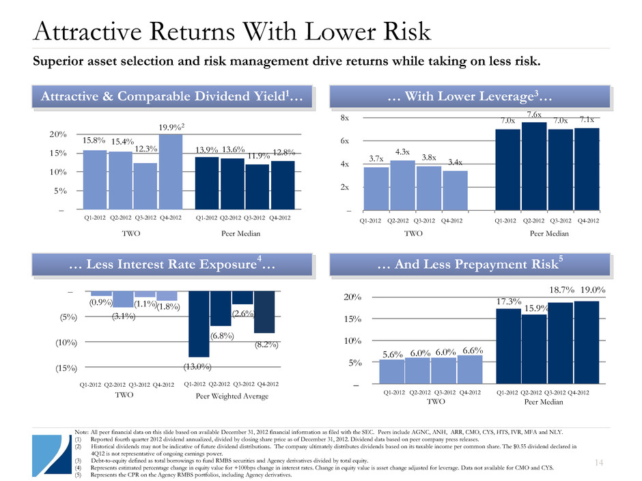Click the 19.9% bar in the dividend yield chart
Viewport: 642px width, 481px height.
[x=170, y=171]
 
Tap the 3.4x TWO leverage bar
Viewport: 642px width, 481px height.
[x=455, y=190]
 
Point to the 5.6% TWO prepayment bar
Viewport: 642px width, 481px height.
[x=392, y=373]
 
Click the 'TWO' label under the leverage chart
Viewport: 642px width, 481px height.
[x=415, y=233]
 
